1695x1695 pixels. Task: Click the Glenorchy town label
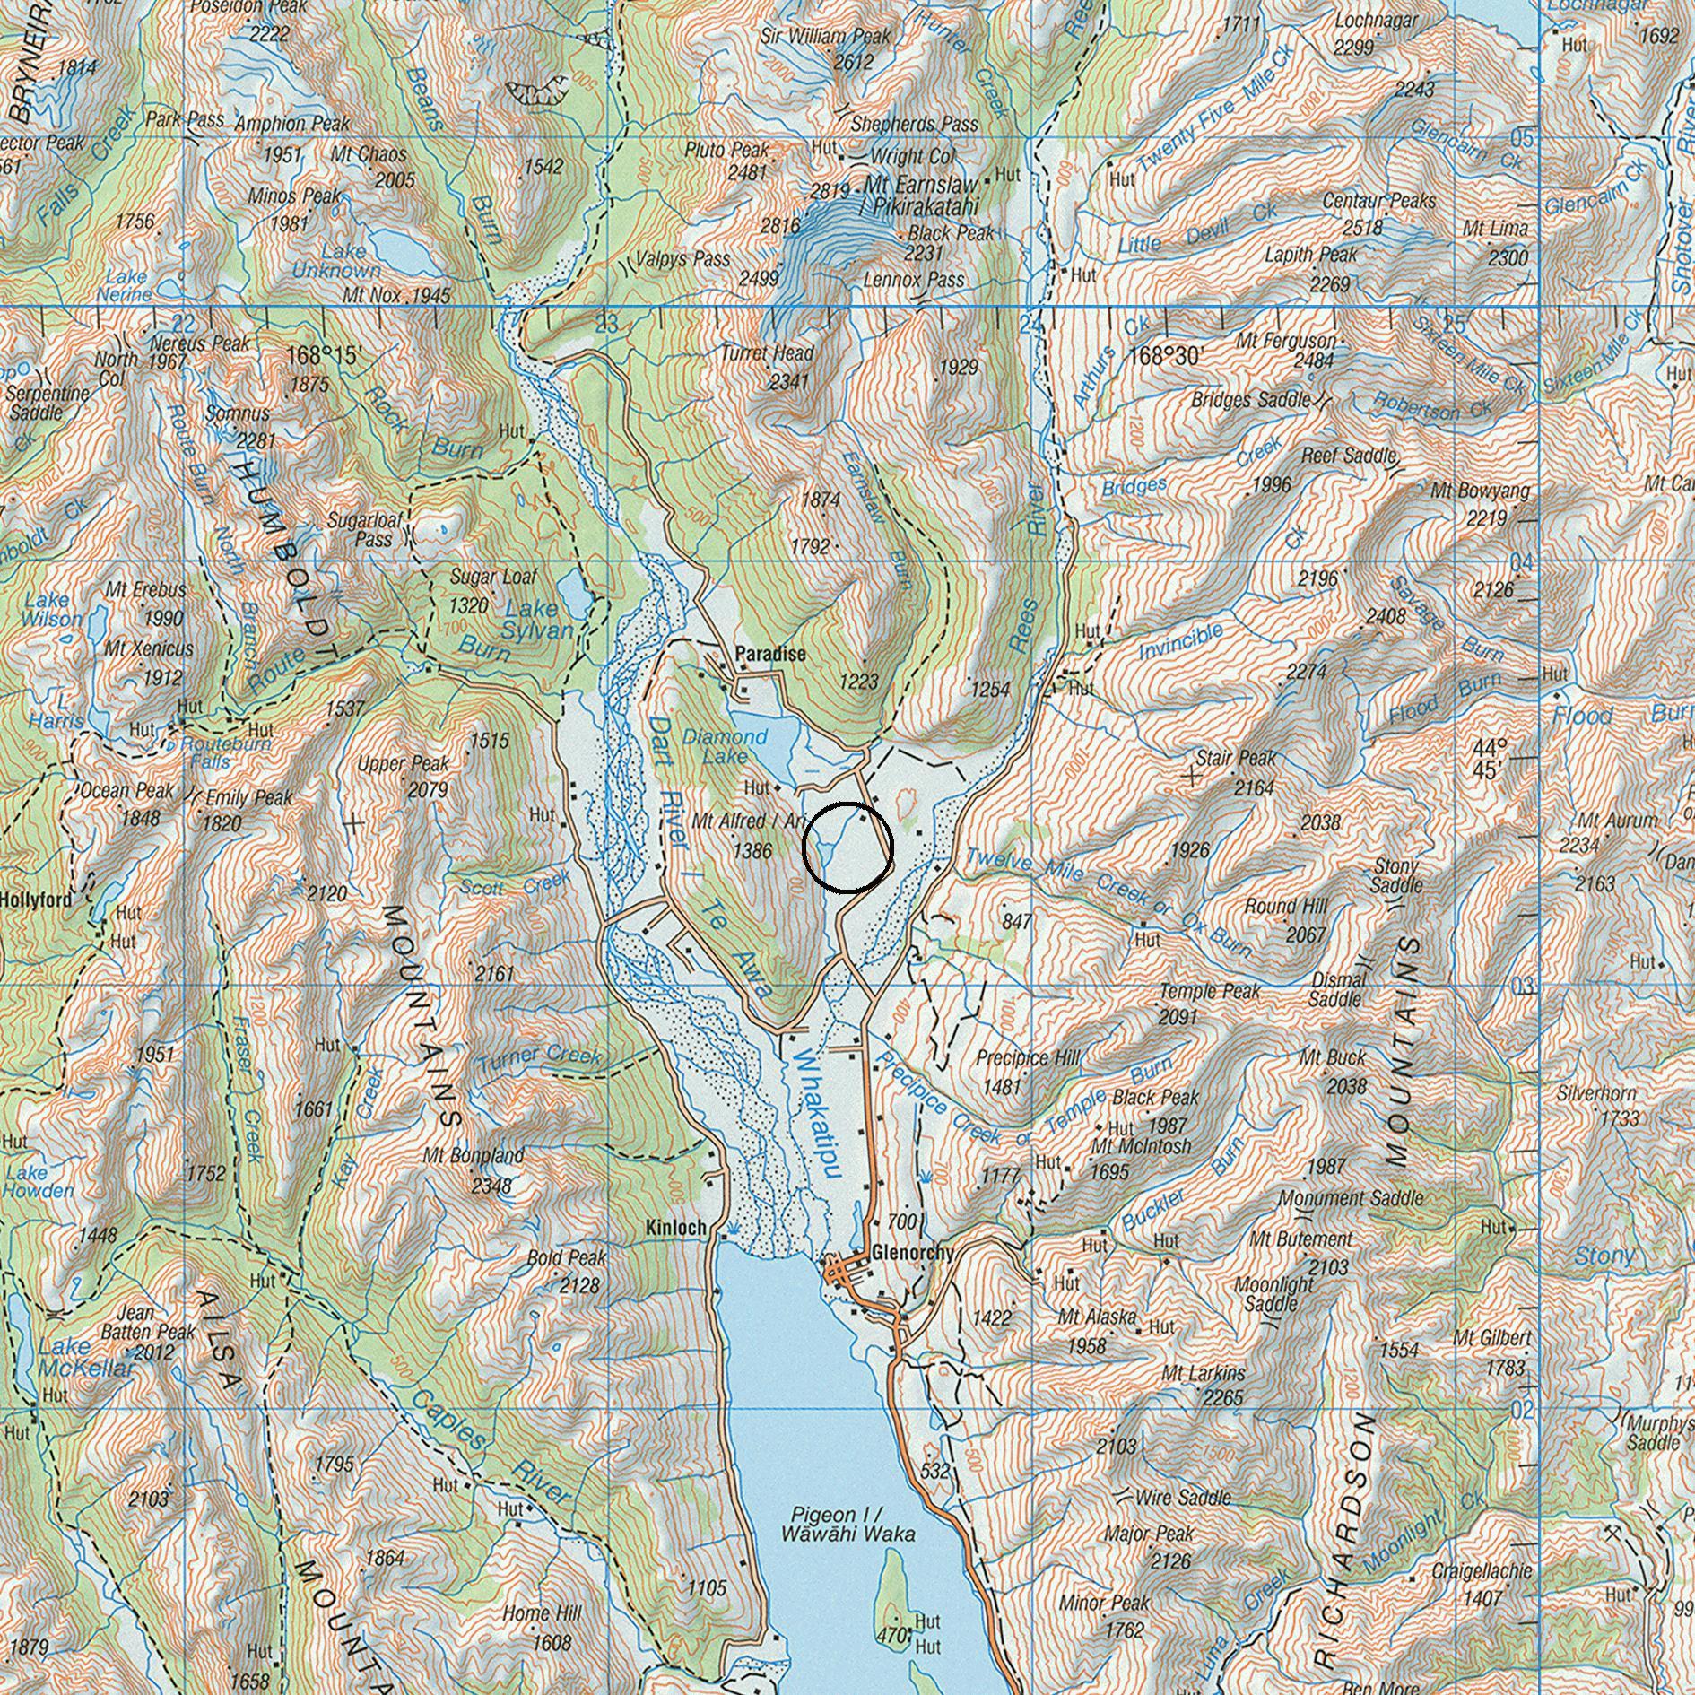911,1252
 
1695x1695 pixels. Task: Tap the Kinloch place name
675,1227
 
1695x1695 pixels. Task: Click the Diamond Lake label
725,746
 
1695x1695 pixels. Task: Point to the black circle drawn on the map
847,847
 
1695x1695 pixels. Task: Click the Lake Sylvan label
536,619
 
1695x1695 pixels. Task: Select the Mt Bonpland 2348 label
474,1169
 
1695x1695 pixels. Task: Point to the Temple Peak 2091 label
1210,1003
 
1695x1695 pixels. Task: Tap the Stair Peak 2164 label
1237,771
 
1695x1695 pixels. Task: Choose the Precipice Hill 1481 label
1026,1070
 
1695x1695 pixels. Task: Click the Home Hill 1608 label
542,1626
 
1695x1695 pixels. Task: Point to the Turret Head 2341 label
768,366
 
